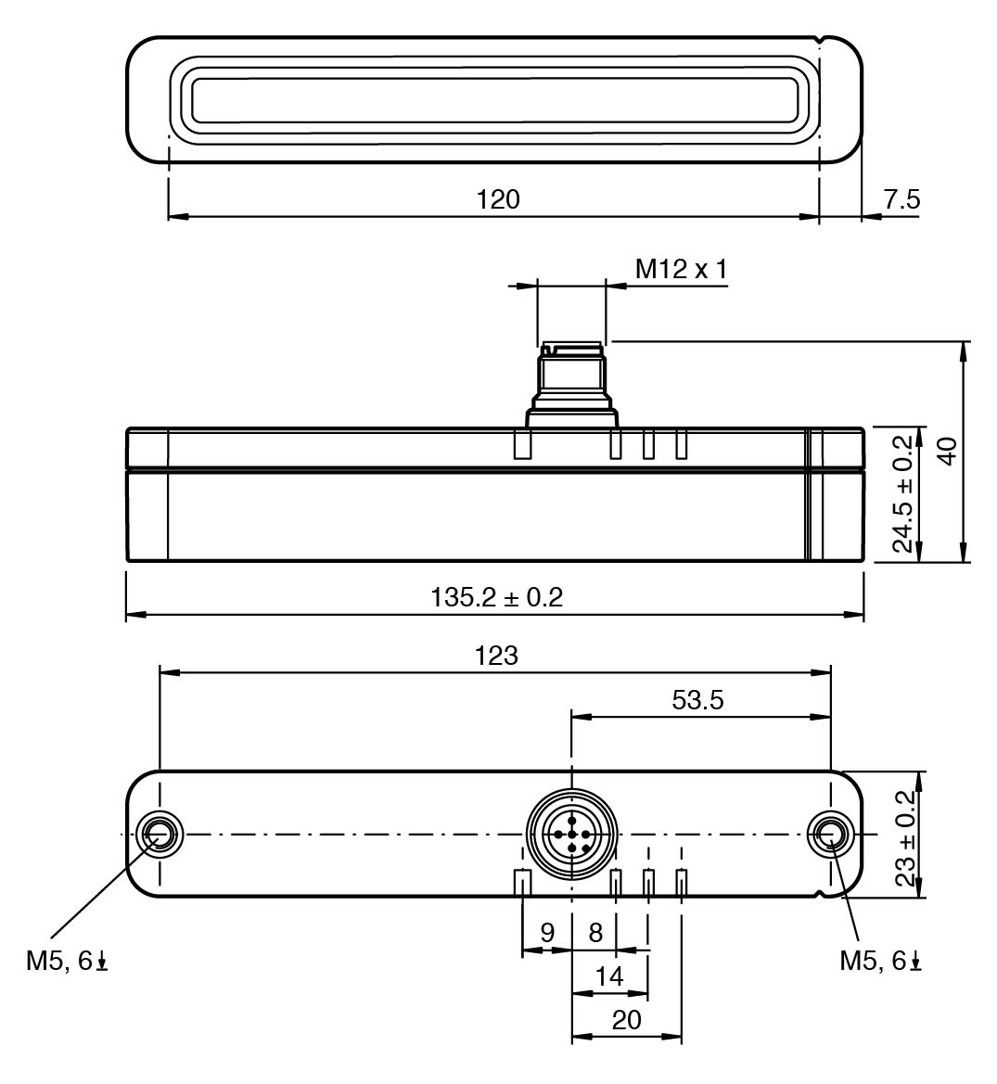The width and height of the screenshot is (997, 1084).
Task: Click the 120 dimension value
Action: tap(499, 199)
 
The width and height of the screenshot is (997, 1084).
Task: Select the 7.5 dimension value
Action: tap(901, 199)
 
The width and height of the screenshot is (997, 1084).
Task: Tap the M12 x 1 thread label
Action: tap(682, 269)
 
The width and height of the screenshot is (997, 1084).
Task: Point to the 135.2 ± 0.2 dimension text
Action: tap(496, 596)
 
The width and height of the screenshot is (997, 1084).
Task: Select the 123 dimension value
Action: tap(496, 656)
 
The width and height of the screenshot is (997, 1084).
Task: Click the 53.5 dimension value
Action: tap(697, 700)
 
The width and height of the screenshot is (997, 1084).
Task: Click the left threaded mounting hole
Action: tap(159, 834)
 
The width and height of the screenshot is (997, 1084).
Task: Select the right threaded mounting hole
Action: tap(830, 834)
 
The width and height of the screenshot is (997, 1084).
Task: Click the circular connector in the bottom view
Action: tap(571, 835)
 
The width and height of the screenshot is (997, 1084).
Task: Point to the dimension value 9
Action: tap(547, 932)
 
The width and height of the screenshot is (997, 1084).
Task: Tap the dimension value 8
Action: tap(595, 932)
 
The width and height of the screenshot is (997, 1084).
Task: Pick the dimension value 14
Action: tap(609, 976)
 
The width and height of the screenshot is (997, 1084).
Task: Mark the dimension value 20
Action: tap(627, 1019)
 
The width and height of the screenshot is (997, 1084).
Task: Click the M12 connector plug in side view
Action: tap(570, 380)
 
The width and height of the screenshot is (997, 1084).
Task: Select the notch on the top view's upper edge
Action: tap(820, 39)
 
